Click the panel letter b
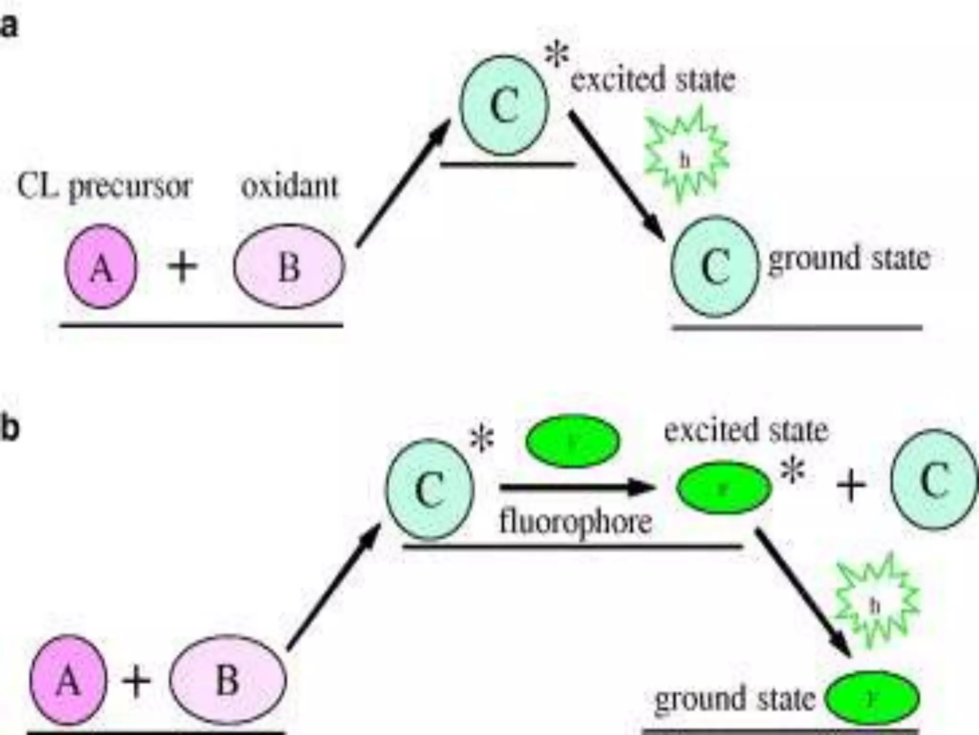(x=10, y=429)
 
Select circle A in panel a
(x=101, y=266)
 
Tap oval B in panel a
(x=289, y=266)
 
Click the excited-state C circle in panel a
(x=504, y=105)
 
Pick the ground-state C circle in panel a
(x=715, y=267)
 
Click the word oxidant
(x=290, y=186)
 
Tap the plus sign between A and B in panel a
(x=182, y=266)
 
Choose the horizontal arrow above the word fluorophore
(x=577, y=488)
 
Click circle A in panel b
(x=68, y=680)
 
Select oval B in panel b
(x=228, y=680)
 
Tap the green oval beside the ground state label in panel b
(x=872, y=699)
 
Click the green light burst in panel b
(x=876, y=605)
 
